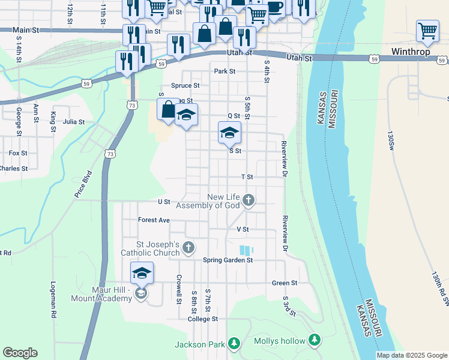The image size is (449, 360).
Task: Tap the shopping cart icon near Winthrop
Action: point(427,31)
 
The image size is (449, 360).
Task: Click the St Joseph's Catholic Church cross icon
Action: point(188,247)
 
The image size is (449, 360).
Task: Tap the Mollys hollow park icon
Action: point(314,341)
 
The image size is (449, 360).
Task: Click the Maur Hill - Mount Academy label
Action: point(112,294)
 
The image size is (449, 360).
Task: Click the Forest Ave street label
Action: point(154,220)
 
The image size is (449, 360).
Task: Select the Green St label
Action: point(285,283)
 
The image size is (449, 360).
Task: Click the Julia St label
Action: point(74,121)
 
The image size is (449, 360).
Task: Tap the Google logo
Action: point(20,353)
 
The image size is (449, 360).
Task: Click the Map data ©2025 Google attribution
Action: point(412,355)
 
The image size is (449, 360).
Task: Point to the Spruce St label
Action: point(185,86)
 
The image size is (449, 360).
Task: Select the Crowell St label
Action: point(179,289)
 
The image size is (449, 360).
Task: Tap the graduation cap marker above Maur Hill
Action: point(142,274)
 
